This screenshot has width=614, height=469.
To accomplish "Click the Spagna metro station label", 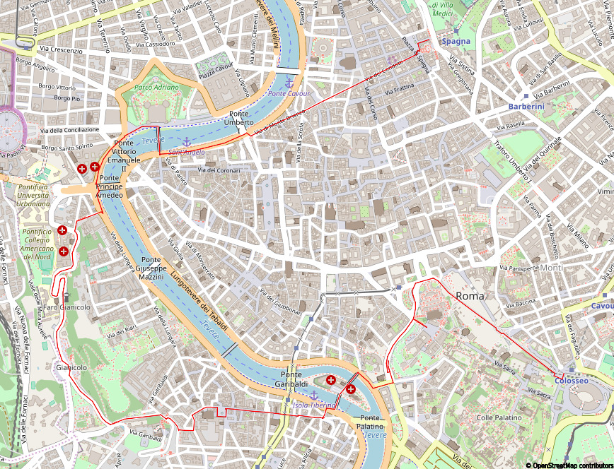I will click(456, 42).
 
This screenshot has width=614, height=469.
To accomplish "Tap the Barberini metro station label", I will click(526, 106).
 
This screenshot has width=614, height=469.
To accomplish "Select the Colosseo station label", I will click(571, 381).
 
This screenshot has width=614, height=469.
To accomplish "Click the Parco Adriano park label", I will click(157, 88).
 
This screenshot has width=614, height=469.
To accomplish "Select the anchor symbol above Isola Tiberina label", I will click(313, 396).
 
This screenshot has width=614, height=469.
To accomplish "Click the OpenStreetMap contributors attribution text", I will click(569, 465).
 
